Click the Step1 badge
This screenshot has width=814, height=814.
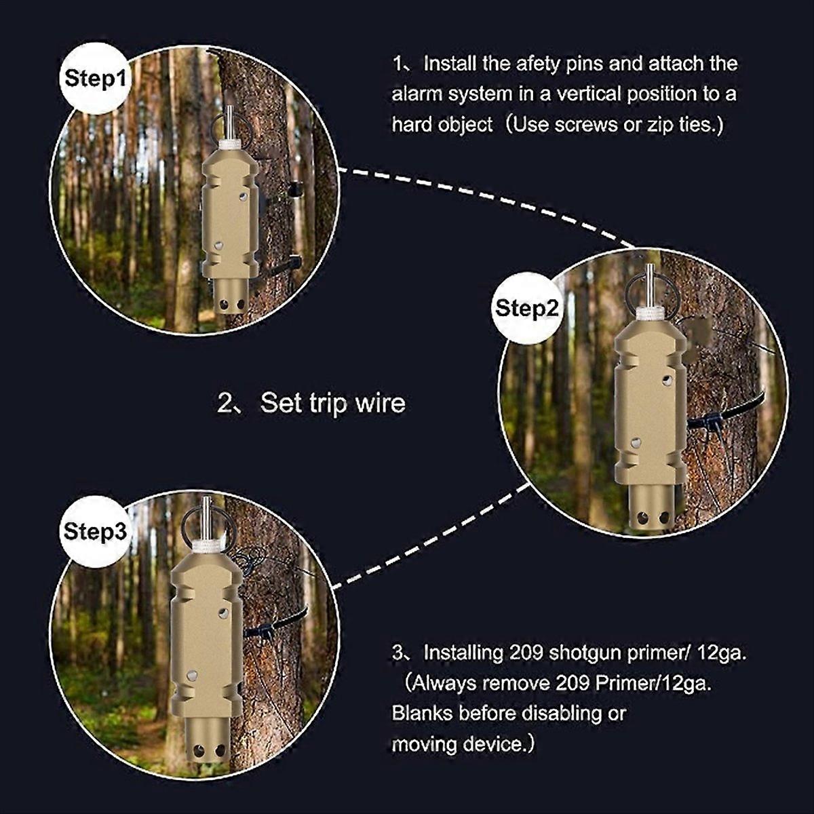click(96, 79)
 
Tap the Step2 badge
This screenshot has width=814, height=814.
click(527, 309)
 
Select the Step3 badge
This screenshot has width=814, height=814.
click(95, 531)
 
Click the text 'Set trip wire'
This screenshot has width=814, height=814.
click(332, 403)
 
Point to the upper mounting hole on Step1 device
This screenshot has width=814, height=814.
click(242, 196)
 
